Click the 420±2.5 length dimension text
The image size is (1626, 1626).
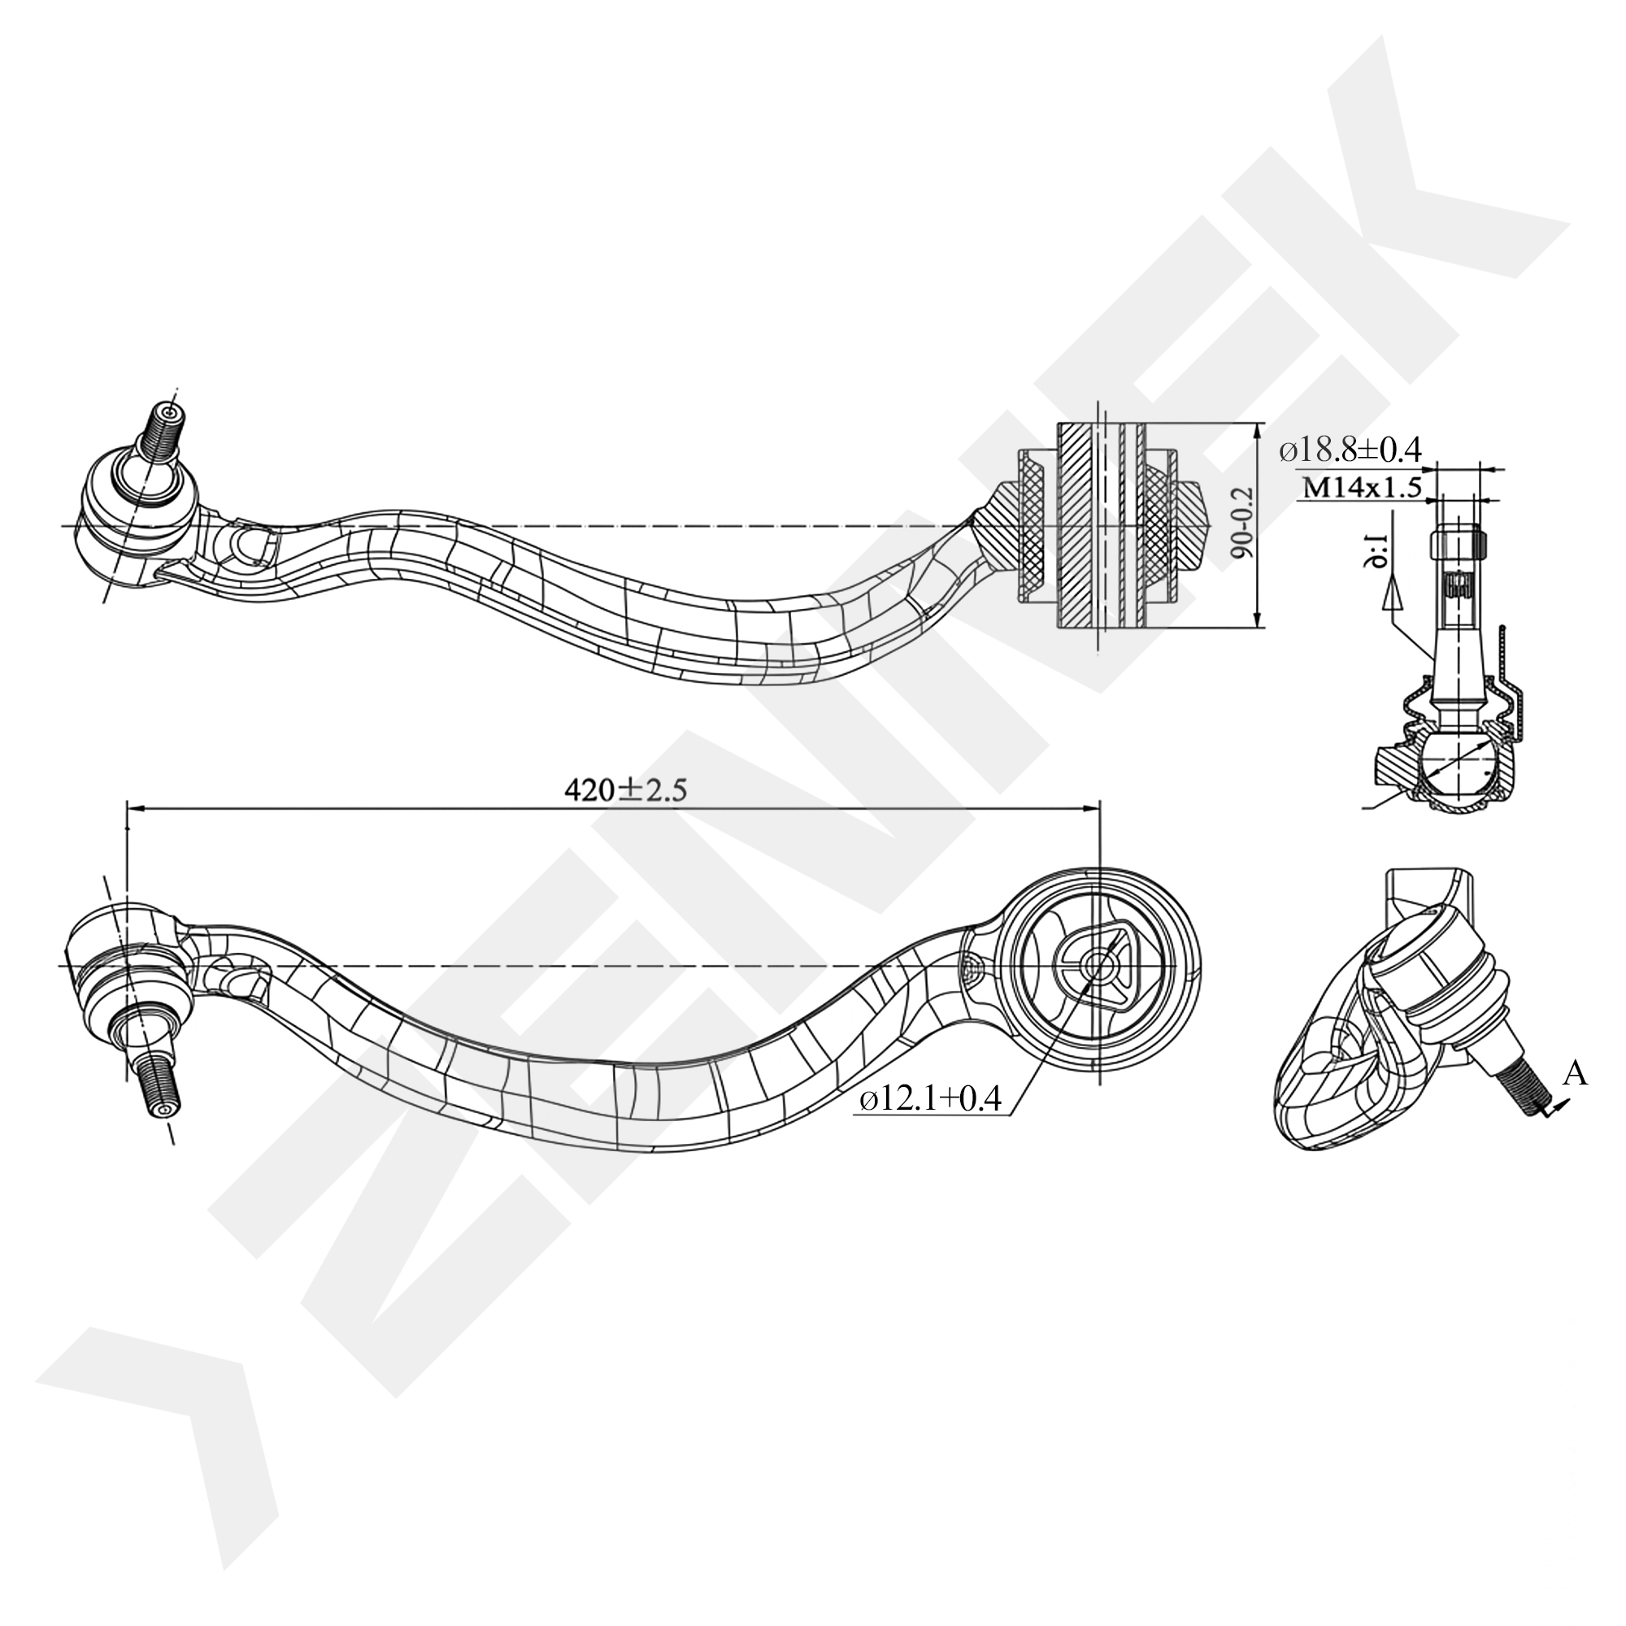[625, 790]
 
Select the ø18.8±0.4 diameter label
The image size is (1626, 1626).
[1350, 450]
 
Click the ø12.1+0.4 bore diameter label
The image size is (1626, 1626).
[929, 1098]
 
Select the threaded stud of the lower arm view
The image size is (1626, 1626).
[159, 1086]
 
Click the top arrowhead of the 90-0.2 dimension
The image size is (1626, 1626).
[1259, 429]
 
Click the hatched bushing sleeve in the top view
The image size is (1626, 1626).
[1077, 526]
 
